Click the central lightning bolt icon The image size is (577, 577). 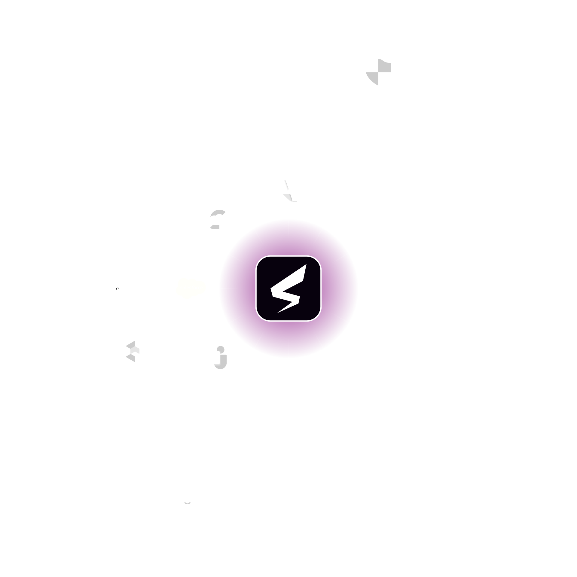click(x=288, y=288)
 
